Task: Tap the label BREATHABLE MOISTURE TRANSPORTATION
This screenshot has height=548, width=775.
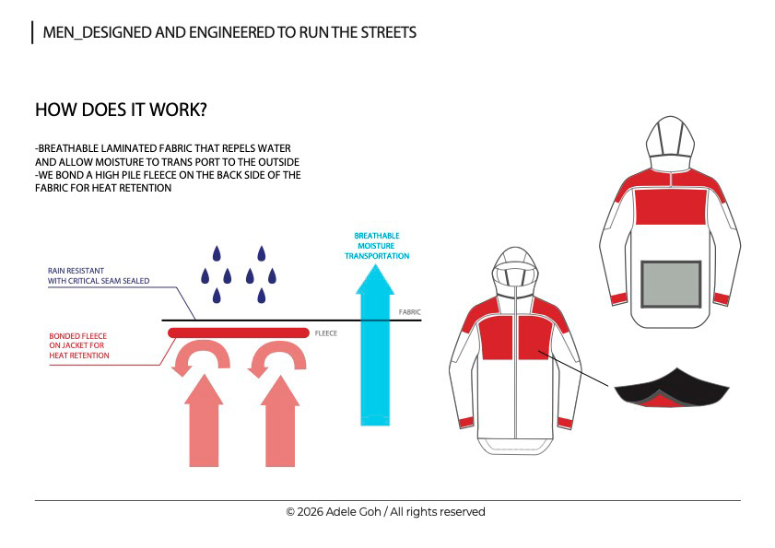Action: point(377,246)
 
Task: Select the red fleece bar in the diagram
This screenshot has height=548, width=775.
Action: point(238,332)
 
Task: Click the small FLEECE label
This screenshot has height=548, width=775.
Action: point(326,333)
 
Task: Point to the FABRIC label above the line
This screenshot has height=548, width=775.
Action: point(410,312)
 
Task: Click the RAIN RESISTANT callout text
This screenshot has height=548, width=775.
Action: point(99,275)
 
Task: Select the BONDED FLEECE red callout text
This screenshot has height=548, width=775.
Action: point(79,345)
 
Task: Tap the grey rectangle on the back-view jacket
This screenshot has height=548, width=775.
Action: point(671,285)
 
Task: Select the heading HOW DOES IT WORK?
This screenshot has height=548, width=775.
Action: point(121,110)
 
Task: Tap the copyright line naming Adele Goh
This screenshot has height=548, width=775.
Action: point(385,512)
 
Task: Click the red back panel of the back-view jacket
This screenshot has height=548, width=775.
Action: point(670,204)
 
